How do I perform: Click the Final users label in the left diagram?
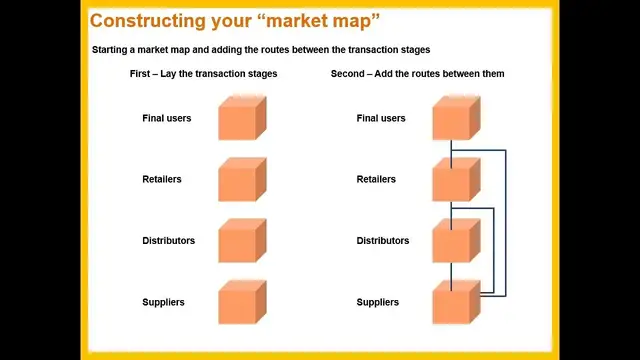pos(166,118)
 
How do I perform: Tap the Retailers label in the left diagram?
pos(163,180)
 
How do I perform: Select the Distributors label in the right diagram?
pos(383,241)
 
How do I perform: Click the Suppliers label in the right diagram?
pos(378,302)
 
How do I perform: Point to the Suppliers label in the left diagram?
pos(163,302)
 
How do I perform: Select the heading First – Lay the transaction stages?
pos(203,74)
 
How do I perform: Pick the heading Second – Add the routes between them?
pos(417,74)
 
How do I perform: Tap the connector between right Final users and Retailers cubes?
pos(452,150)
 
